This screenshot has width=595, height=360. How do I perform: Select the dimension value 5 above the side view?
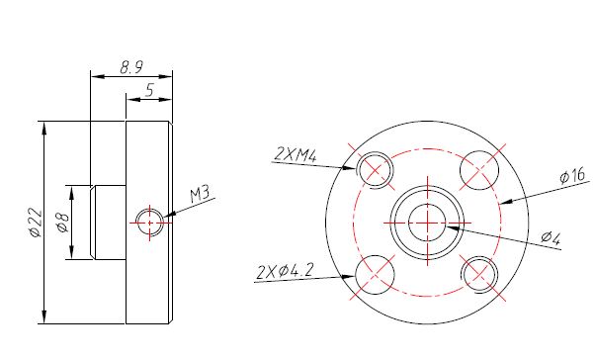148,90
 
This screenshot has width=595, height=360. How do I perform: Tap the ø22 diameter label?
34,223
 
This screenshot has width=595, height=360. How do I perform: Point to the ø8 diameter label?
60,223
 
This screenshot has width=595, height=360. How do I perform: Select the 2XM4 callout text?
295,153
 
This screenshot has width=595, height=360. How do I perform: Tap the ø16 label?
571,177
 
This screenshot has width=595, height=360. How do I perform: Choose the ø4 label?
551,237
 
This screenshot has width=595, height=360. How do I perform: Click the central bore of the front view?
427,222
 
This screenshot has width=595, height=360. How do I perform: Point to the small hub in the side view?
107,222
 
